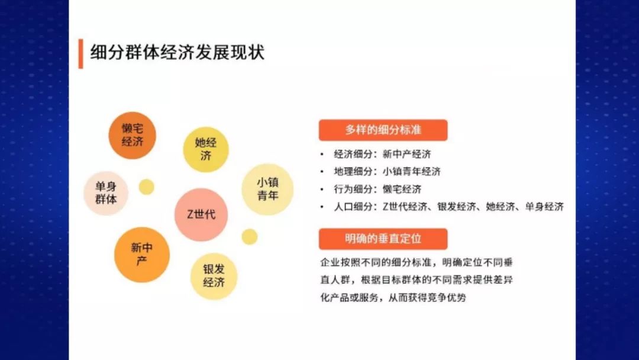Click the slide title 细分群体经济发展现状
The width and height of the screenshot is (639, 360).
click(x=177, y=53)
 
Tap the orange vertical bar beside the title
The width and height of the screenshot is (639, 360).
click(x=80, y=54)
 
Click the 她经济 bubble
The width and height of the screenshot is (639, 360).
click(x=205, y=149)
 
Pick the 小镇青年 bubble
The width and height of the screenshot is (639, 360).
click(x=267, y=189)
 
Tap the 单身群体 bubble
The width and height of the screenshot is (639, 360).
click(x=106, y=193)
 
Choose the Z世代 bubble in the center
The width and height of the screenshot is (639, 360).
click(x=201, y=214)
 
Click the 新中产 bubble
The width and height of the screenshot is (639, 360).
click(x=141, y=254)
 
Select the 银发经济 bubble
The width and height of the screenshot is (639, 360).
click(x=214, y=276)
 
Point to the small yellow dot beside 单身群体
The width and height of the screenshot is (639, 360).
click(x=146, y=187)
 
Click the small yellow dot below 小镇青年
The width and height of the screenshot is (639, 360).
click(x=250, y=237)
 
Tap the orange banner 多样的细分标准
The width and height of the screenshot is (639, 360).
click(x=383, y=130)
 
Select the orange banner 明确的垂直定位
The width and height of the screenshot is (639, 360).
click(x=383, y=239)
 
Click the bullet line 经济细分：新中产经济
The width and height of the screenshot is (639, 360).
click(x=382, y=155)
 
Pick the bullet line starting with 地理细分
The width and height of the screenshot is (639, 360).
click(x=387, y=172)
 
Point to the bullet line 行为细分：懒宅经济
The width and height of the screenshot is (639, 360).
click(x=377, y=189)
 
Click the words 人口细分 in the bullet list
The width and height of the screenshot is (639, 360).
click(x=353, y=207)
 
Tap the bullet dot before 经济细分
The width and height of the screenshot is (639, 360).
click(x=321, y=155)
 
